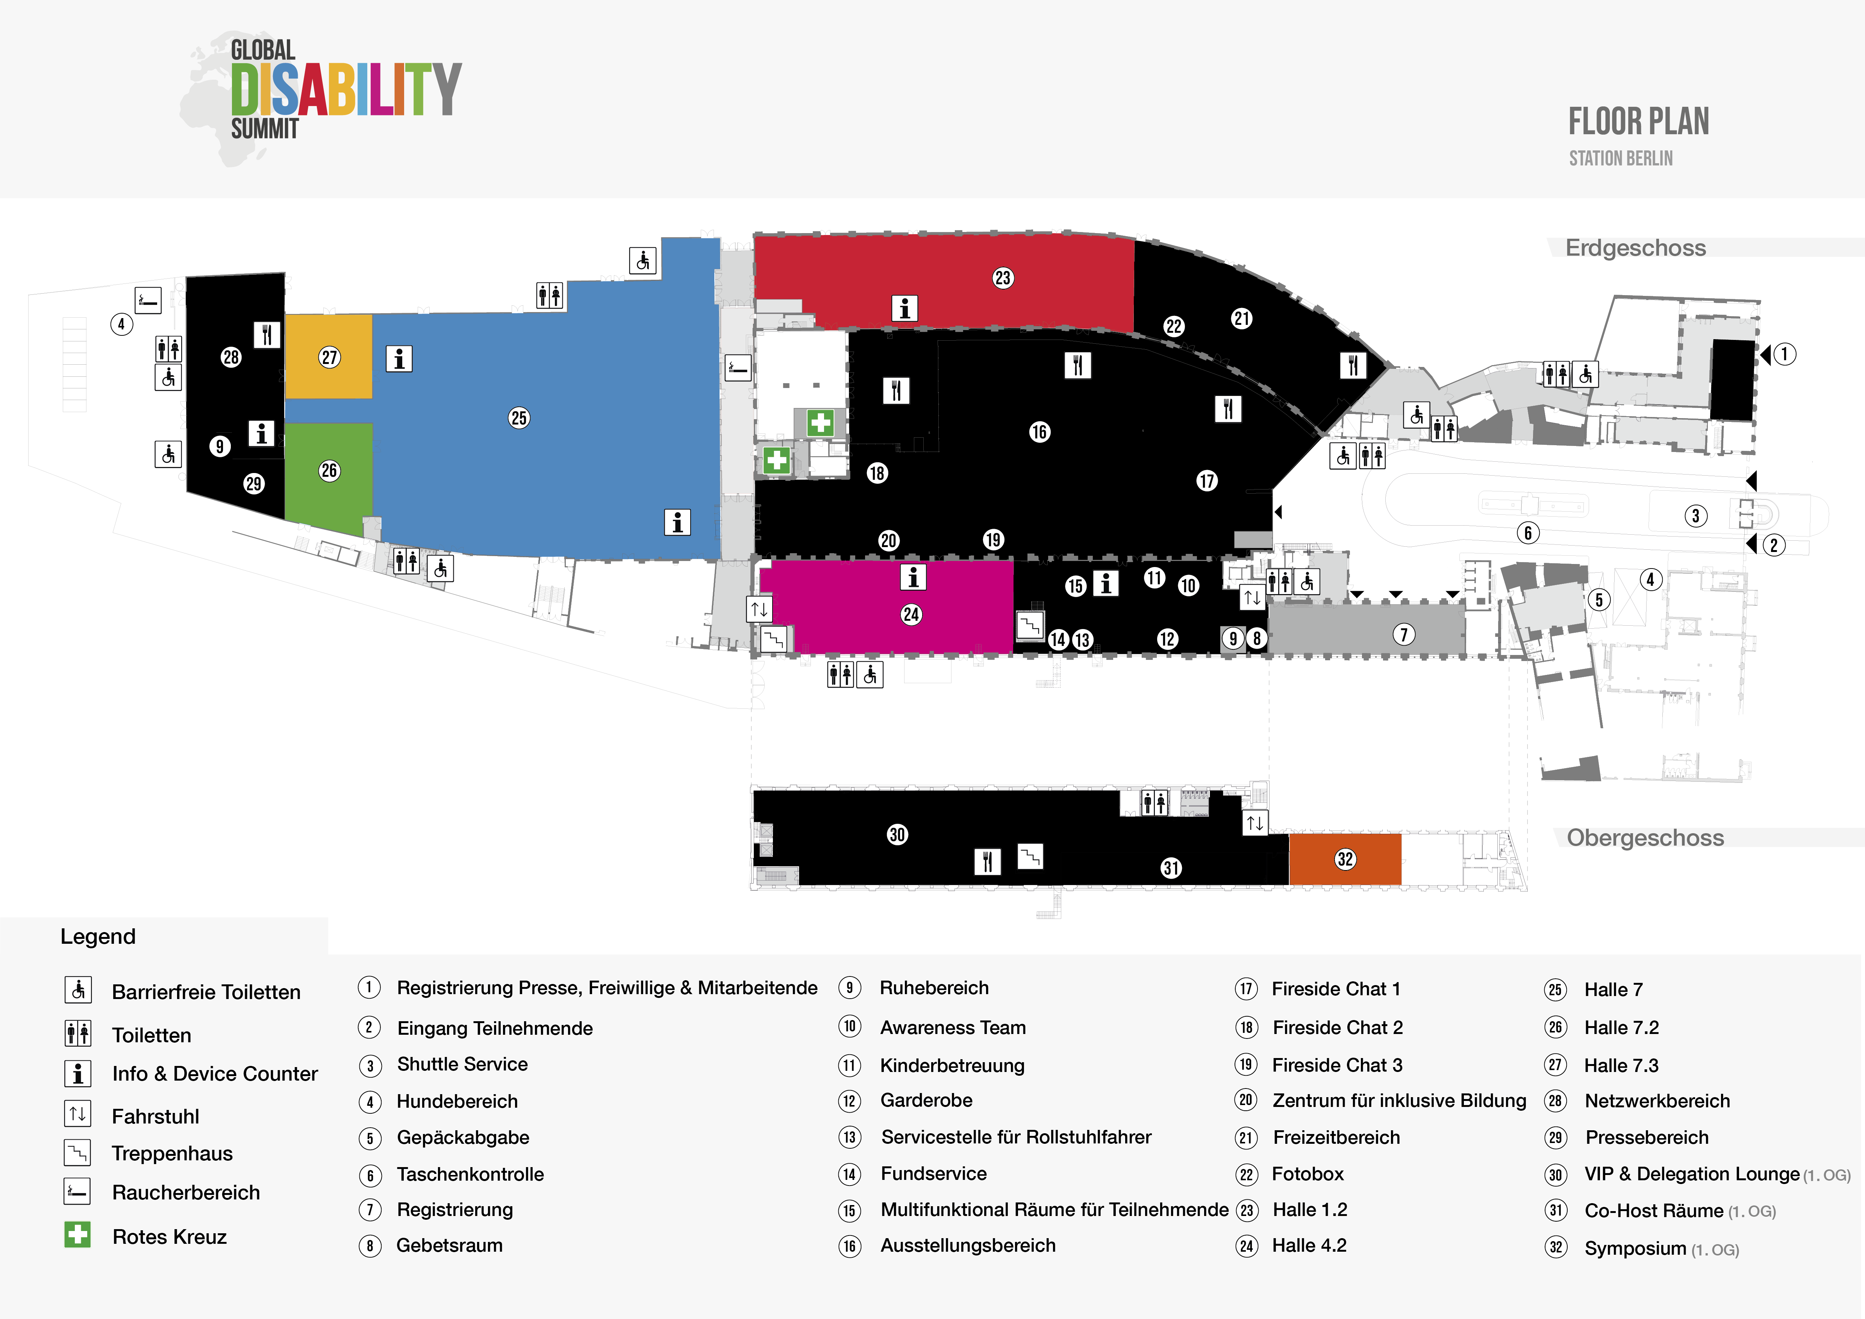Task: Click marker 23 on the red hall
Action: [x=1002, y=278]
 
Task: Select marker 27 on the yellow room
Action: [x=329, y=357]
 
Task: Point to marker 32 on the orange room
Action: [x=1345, y=859]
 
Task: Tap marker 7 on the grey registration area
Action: [x=1404, y=634]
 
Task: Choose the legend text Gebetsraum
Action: [x=449, y=1245]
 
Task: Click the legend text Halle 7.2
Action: [x=1621, y=1028]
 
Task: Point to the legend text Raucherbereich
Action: [x=186, y=1192]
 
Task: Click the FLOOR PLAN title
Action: [x=1638, y=122]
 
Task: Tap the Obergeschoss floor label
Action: [x=1645, y=837]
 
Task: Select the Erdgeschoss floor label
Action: [x=1635, y=248]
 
